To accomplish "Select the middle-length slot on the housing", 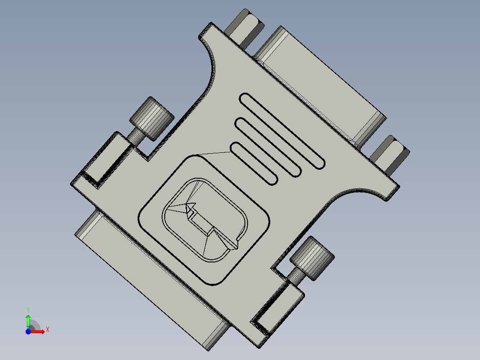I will pos(268,147).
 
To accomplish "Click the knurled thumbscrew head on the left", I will pos(152,118).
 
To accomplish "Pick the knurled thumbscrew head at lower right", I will pos(313,258).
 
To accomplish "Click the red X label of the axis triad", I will pos(48,329).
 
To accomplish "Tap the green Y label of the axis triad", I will pos(28,309).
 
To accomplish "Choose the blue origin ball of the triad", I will pos(28,331).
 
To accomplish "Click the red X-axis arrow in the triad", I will pos(38,331).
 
